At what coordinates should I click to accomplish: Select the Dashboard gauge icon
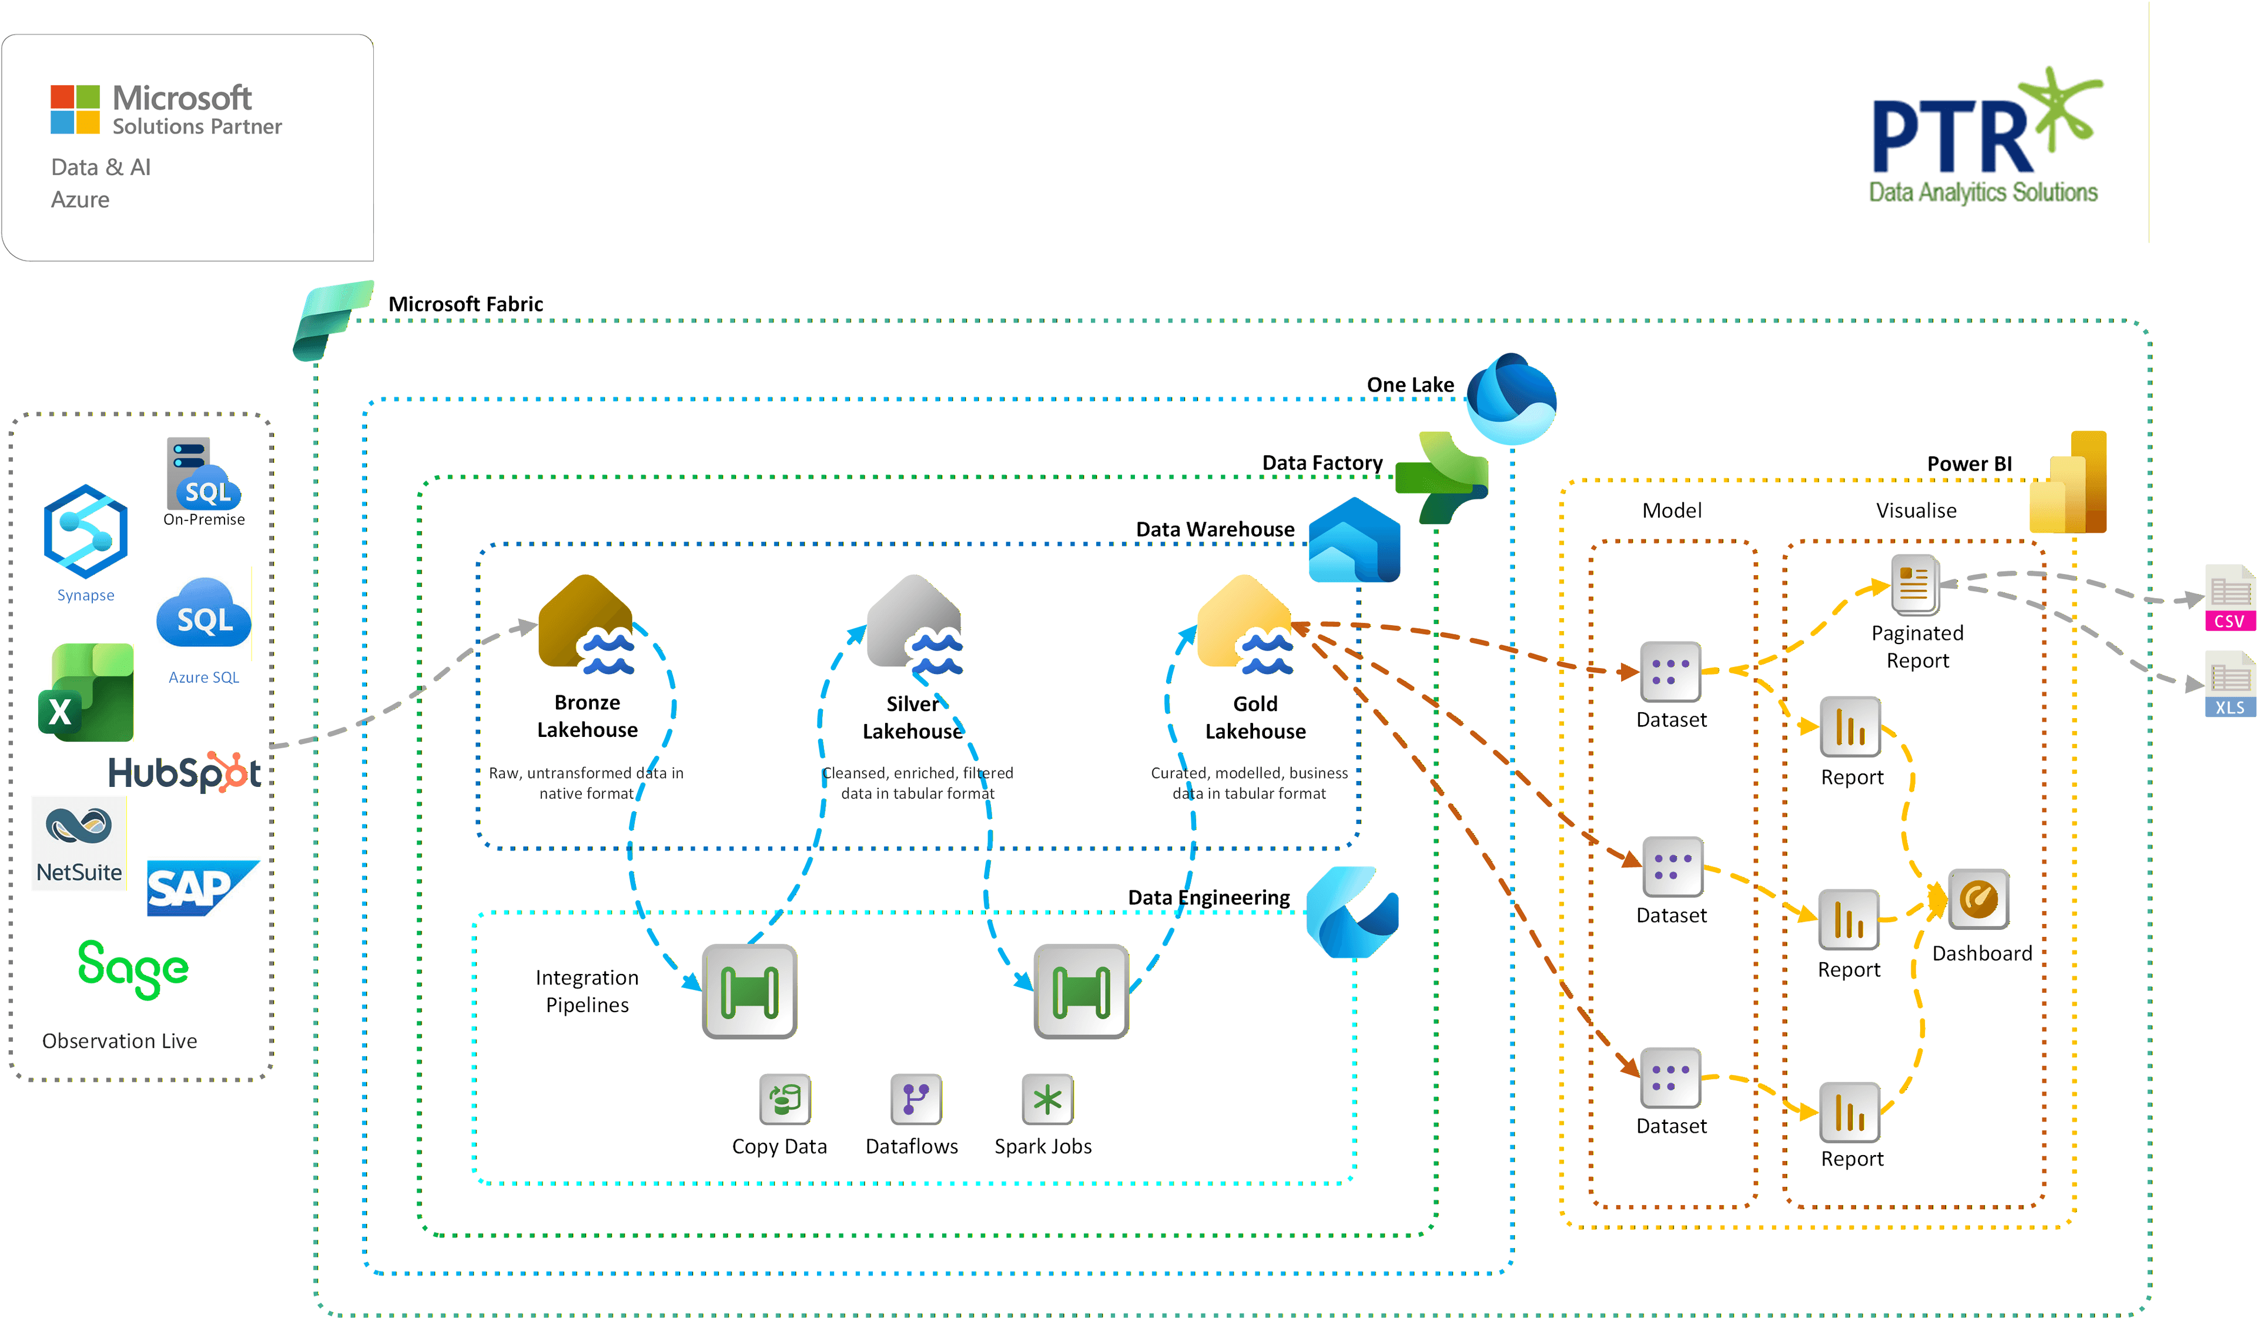click(x=1978, y=899)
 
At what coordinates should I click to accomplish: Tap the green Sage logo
click(x=133, y=967)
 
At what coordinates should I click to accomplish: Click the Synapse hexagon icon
click(x=86, y=531)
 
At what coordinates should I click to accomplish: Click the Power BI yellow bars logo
click(x=2069, y=484)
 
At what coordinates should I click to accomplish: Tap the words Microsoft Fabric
click(x=466, y=303)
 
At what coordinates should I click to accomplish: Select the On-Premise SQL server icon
click(x=202, y=475)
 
